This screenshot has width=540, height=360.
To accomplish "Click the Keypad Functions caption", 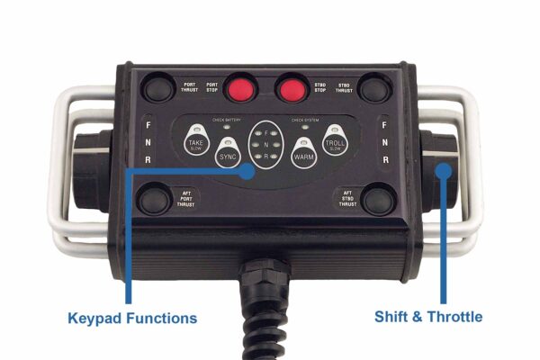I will pos(132,318).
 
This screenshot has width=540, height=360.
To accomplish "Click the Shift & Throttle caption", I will pos(428,317).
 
